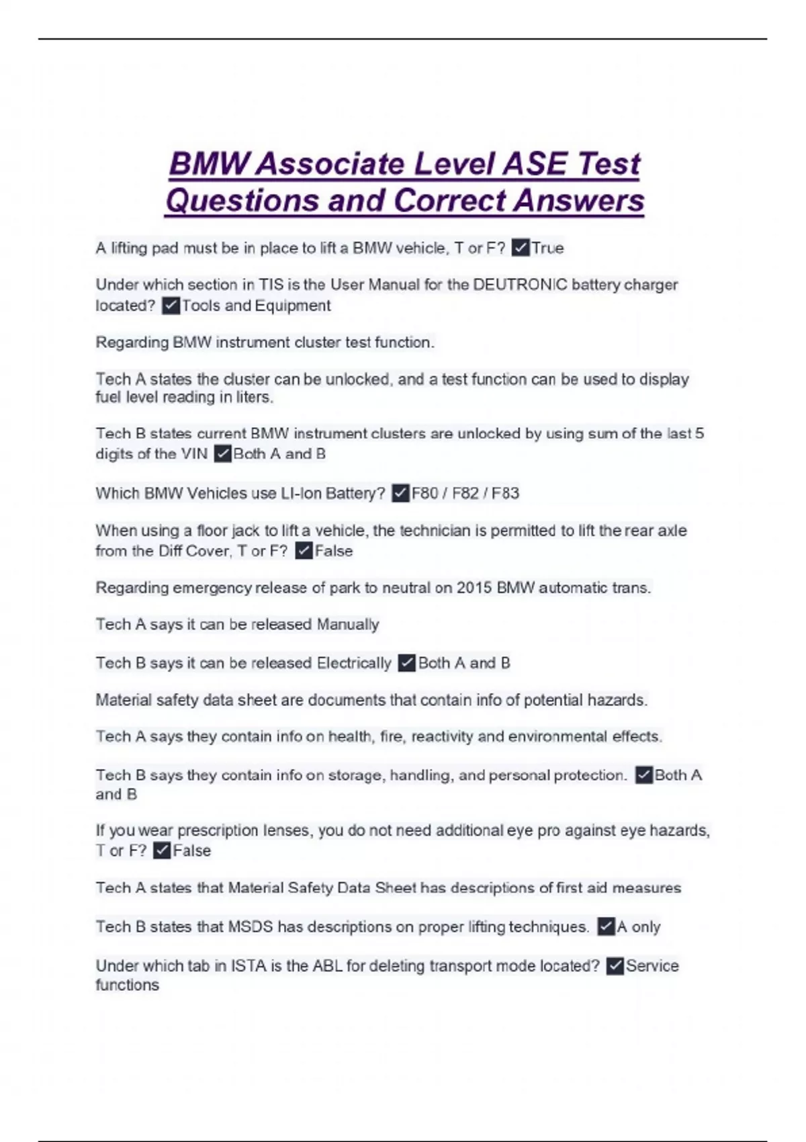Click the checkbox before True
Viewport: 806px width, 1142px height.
520,248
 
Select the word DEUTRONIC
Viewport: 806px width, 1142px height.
520,285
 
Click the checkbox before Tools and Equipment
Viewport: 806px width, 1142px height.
171,306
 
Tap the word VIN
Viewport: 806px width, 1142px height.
194,454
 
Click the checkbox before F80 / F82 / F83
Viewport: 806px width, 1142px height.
400,494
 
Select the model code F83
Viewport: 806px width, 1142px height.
505,494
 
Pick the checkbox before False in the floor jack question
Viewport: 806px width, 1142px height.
304,551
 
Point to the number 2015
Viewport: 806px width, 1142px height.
474,588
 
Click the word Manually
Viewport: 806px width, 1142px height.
348,625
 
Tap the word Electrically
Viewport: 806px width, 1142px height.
354,663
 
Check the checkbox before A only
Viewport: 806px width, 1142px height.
606,927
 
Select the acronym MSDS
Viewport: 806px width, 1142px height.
251,927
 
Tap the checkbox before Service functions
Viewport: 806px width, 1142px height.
615,966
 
